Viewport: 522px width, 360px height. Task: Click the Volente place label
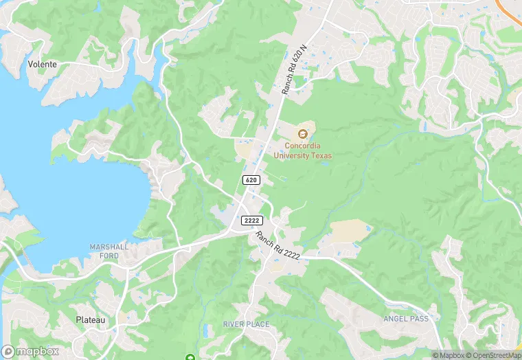pyautogui.click(x=42, y=64)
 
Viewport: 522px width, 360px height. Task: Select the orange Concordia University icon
pyautogui.click(x=303, y=133)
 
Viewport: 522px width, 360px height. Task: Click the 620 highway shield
pyautogui.click(x=251, y=179)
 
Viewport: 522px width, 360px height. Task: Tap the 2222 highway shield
pyautogui.click(x=251, y=220)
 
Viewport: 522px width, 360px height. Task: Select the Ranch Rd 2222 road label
pyautogui.click(x=277, y=245)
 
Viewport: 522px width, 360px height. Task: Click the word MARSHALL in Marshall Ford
pyautogui.click(x=104, y=247)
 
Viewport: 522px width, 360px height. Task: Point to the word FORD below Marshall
pyautogui.click(x=104, y=256)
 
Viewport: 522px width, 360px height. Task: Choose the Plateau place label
pyautogui.click(x=91, y=320)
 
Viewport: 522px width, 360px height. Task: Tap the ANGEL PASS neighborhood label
pyautogui.click(x=407, y=319)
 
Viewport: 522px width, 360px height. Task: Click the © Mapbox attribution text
pyautogui.click(x=448, y=355)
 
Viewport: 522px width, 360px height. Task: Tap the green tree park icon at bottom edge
pyautogui.click(x=190, y=357)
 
